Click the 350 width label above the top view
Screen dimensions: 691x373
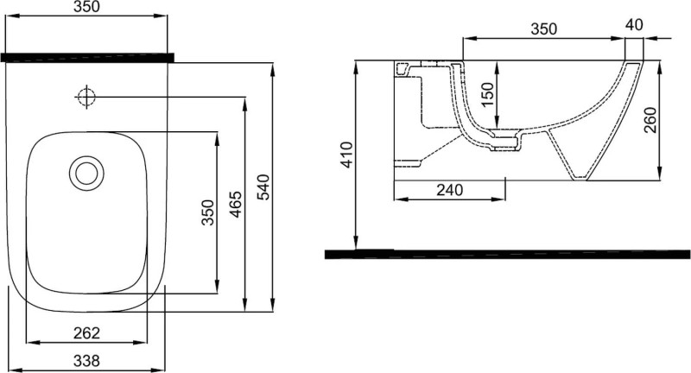coord(87,7)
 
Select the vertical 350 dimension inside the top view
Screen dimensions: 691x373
coord(208,212)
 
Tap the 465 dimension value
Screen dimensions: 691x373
coord(236,205)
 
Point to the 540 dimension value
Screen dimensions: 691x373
coord(263,187)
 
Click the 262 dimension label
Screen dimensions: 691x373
coord(87,333)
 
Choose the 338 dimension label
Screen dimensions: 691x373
coord(87,361)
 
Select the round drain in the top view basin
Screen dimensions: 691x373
coord(86,173)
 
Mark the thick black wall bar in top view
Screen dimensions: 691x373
coord(87,58)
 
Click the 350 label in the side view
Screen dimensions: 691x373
coord(544,29)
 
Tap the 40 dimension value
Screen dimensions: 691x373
coord(634,25)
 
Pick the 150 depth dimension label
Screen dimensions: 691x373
coord(488,94)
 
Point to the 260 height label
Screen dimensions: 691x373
coord(650,120)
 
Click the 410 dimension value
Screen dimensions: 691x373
coord(348,155)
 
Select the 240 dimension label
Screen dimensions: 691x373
coord(449,190)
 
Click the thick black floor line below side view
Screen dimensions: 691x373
coord(507,254)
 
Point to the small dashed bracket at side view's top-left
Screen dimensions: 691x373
coord(402,68)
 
